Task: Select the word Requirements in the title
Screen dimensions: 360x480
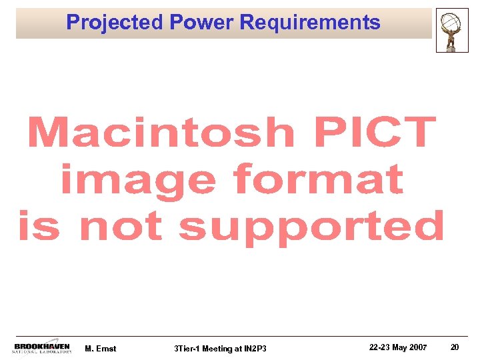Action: (x=310, y=23)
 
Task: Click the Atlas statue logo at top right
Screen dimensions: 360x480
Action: (x=452, y=30)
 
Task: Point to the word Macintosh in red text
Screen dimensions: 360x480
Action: (x=161, y=133)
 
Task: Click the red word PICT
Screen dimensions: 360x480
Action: (x=375, y=133)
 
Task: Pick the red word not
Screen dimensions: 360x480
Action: (x=121, y=226)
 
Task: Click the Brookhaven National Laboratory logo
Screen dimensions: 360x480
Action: (x=42, y=348)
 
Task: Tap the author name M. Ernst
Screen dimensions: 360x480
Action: (x=101, y=349)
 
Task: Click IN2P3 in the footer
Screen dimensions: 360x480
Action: (x=255, y=349)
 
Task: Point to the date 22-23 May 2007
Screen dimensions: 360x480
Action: (x=397, y=347)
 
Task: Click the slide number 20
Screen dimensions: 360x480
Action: (x=455, y=347)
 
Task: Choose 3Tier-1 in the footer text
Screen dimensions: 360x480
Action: (x=187, y=349)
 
